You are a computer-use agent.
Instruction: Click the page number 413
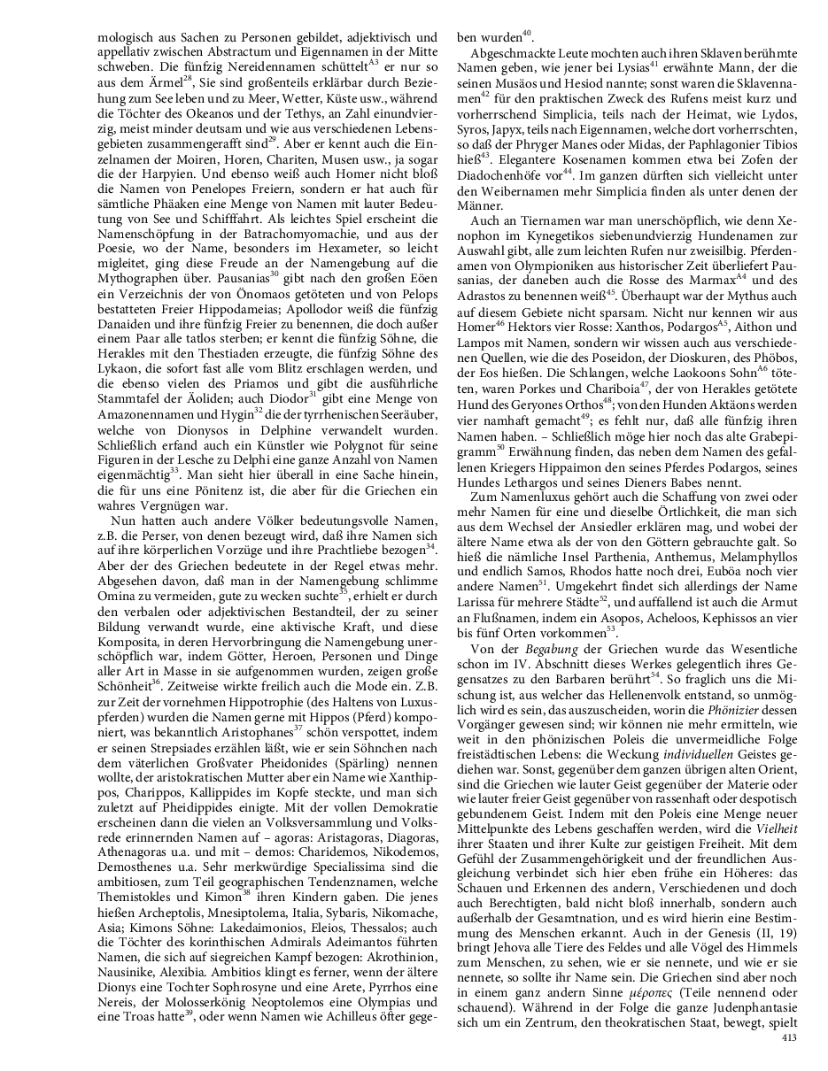pos(792,1038)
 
